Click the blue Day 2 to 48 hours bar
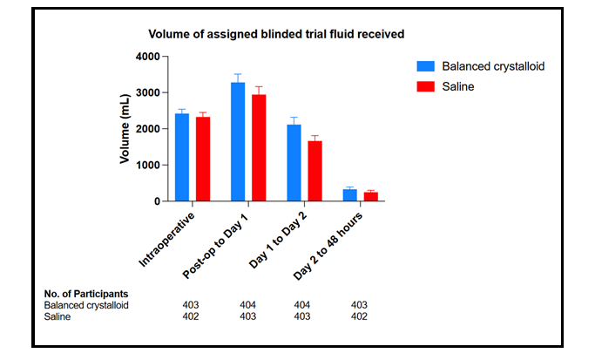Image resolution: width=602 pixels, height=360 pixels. tap(350, 195)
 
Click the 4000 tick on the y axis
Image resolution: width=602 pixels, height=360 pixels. tap(147, 57)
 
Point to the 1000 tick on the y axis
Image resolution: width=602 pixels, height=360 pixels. tap(147, 165)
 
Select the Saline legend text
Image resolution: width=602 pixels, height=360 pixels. tap(459, 87)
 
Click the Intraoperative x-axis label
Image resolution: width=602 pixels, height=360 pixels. tap(167, 237)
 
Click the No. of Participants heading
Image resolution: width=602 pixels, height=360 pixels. tap(86, 294)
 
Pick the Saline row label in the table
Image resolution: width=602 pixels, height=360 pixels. tap(59, 316)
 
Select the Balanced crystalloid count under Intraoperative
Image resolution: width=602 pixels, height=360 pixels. tap(192, 305)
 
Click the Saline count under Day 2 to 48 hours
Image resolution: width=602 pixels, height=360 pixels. tap(359, 316)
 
